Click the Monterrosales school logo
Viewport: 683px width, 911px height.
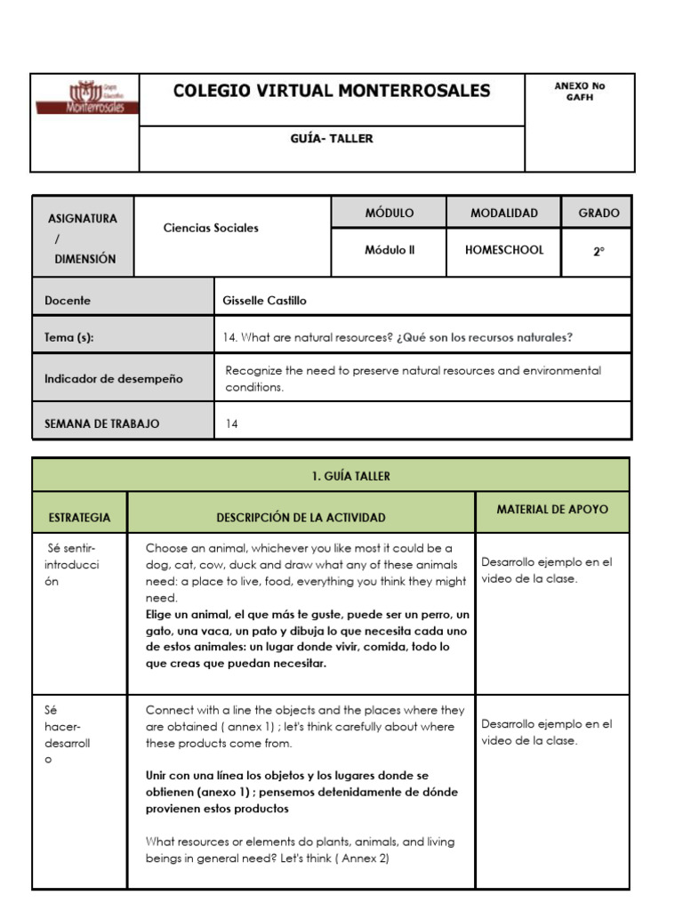pos(86,98)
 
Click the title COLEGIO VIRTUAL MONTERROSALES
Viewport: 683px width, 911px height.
pos(331,91)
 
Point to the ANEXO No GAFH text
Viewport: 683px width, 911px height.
pos(579,92)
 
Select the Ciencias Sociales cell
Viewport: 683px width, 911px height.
pos(211,228)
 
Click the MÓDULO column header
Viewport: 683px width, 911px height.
pos(389,214)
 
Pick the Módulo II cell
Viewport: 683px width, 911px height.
pos(389,250)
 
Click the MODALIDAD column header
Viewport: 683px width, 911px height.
pos(503,214)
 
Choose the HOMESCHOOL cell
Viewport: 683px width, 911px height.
pos(503,250)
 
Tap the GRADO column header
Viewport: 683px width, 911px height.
pos(599,214)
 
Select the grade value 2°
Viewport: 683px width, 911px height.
pos(599,252)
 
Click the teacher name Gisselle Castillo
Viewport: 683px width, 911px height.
pos(264,301)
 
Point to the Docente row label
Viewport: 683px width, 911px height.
pos(68,301)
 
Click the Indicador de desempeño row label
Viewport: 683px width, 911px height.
pos(113,378)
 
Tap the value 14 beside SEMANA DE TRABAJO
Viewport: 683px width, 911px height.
pos(232,424)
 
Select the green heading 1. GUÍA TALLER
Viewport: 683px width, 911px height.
pos(350,476)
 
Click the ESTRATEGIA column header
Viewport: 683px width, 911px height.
pos(80,517)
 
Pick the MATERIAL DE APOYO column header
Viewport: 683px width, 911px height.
pos(552,510)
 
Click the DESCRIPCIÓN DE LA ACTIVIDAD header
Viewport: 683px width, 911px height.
pos(301,517)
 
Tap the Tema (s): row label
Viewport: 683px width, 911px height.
pos(68,337)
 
